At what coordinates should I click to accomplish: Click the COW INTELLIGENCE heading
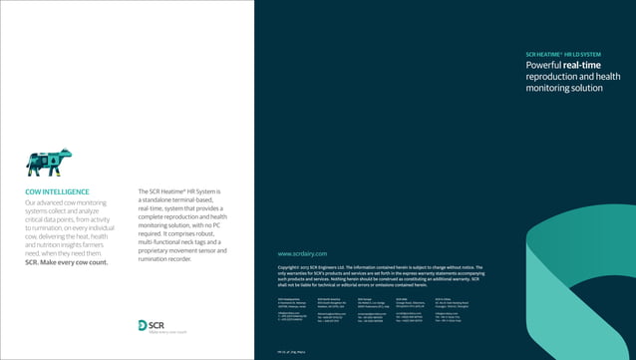pos(57,191)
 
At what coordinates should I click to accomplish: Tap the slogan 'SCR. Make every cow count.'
pos(66,261)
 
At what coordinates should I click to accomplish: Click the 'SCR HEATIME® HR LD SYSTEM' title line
pos(562,54)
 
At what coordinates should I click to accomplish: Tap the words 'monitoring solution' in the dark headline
pos(564,89)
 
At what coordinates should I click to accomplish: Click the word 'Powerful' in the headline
pos(543,65)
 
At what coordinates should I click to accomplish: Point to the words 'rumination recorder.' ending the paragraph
pos(165,259)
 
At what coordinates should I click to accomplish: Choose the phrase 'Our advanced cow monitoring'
pos(66,203)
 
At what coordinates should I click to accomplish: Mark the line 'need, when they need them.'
pos(65,252)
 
